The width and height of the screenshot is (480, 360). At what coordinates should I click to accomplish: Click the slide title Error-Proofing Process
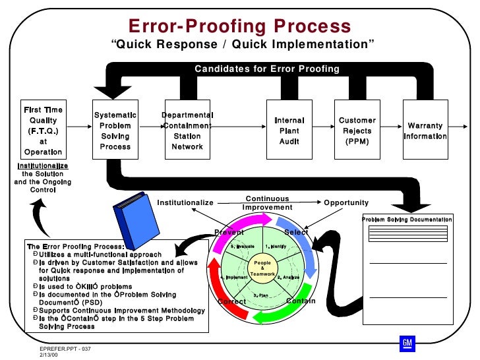pos(240,26)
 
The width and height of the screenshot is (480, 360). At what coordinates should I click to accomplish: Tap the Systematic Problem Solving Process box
pos(115,131)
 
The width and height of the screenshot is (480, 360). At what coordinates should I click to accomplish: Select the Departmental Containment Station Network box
pos(187,131)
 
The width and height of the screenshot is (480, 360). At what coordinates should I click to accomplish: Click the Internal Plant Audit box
pos(289,131)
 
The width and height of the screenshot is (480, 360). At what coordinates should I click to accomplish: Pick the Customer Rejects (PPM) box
pos(357,131)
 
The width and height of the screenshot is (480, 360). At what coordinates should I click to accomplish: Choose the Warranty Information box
pos(425,131)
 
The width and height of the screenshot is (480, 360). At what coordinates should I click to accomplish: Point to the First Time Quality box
pos(44,131)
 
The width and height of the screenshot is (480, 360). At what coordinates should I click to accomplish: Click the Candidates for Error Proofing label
pos(266,69)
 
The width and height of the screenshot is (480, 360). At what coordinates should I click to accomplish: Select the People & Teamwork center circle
pos(262,269)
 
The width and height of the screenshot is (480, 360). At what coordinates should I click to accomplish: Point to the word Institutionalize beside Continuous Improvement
pos(185,203)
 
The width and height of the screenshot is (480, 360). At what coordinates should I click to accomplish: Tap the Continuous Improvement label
pos(267,203)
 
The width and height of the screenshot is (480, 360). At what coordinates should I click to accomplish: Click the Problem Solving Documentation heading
pos(407,220)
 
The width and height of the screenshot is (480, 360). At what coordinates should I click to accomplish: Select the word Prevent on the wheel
pos(229,233)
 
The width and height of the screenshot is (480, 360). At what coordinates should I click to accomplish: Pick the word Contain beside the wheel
pos(301,301)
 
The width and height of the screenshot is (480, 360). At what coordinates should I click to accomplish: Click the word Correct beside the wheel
pos(231,302)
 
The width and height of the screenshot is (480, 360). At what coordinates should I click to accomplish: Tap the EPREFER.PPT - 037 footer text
pos(65,347)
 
